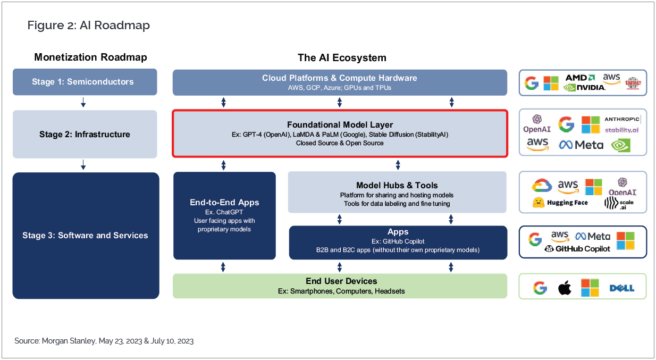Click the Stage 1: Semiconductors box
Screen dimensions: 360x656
tap(85, 82)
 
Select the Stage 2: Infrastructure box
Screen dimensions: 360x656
tap(85, 134)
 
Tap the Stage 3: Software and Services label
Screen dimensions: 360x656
tap(85, 235)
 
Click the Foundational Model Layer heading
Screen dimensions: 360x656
tap(340, 125)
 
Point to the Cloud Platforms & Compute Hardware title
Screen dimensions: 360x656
tap(340, 78)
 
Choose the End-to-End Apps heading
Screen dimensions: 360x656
tap(224, 202)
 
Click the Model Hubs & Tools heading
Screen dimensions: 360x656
tap(397, 186)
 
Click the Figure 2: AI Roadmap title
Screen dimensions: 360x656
tap(89, 25)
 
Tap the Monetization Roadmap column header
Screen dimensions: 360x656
tap(90, 57)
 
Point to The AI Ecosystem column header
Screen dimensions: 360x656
tap(342, 57)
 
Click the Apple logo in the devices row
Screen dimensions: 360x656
tap(565, 288)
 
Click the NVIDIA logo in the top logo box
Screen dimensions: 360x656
tap(585, 87)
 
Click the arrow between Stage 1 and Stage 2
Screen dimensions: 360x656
tap(83, 103)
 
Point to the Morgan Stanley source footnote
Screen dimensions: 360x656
tap(104, 341)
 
